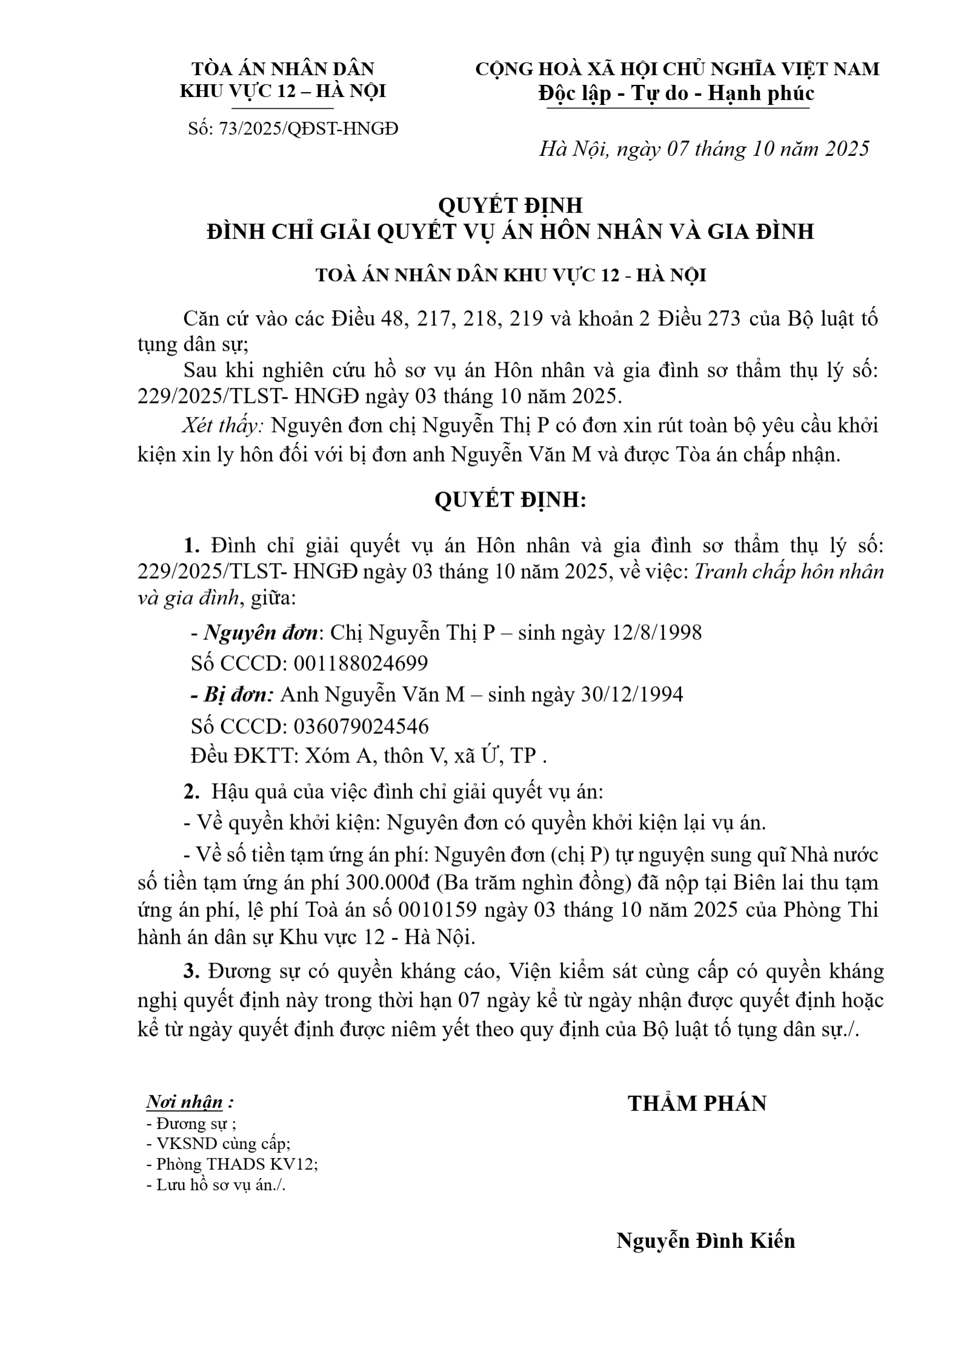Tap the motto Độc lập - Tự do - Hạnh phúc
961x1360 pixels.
click(x=676, y=93)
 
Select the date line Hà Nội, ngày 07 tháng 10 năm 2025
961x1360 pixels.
click(x=704, y=148)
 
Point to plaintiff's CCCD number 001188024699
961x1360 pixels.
click(x=361, y=663)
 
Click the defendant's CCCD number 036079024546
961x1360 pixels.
click(x=361, y=725)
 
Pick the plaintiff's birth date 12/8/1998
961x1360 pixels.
click(x=657, y=632)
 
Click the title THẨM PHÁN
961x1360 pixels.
click(x=697, y=1104)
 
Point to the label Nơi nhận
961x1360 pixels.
click(x=184, y=1101)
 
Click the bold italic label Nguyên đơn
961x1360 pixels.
click(x=261, y=633)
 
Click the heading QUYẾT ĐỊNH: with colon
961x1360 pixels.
click(x=510, y=500)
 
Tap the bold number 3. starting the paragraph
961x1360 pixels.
click(x=192, y=972)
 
